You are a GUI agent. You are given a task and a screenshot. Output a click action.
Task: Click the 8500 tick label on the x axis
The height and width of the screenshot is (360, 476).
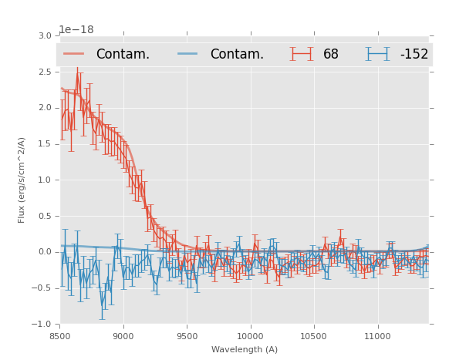60,336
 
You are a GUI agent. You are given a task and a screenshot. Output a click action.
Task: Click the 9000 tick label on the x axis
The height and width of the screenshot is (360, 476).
123,336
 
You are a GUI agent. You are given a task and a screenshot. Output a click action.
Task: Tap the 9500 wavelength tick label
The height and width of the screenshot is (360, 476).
187,336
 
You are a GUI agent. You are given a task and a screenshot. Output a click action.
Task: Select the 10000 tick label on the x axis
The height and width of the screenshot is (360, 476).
250,336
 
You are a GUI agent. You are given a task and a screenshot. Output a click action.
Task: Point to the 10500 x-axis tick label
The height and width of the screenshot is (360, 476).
313,336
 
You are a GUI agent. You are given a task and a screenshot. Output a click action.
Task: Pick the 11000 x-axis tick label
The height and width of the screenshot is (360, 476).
377,336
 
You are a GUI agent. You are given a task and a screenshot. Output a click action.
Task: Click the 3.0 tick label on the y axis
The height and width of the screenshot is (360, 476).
44,35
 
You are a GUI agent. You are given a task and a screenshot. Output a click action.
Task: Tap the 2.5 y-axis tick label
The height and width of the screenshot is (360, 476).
44,72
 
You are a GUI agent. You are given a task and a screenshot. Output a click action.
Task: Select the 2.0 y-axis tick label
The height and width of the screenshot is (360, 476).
44,108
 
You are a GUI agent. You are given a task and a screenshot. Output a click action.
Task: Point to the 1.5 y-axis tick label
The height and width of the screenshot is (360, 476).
44,144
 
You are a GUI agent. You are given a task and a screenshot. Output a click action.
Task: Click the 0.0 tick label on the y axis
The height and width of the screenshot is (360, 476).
44,252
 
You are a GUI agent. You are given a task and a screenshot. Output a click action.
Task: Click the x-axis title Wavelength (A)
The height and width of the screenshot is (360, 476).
245,349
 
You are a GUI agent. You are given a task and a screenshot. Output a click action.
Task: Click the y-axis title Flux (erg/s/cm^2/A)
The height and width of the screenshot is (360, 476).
22,180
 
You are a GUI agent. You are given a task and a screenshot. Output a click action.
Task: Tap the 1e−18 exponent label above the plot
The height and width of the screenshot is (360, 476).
76,30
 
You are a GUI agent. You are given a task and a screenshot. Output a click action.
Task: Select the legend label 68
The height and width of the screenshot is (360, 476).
331,55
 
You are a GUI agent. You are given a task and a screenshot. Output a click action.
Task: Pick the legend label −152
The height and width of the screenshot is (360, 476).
414,55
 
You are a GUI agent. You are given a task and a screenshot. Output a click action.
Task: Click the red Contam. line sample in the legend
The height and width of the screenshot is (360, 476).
74,54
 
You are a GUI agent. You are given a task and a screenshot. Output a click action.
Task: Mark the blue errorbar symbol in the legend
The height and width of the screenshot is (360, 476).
378,54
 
